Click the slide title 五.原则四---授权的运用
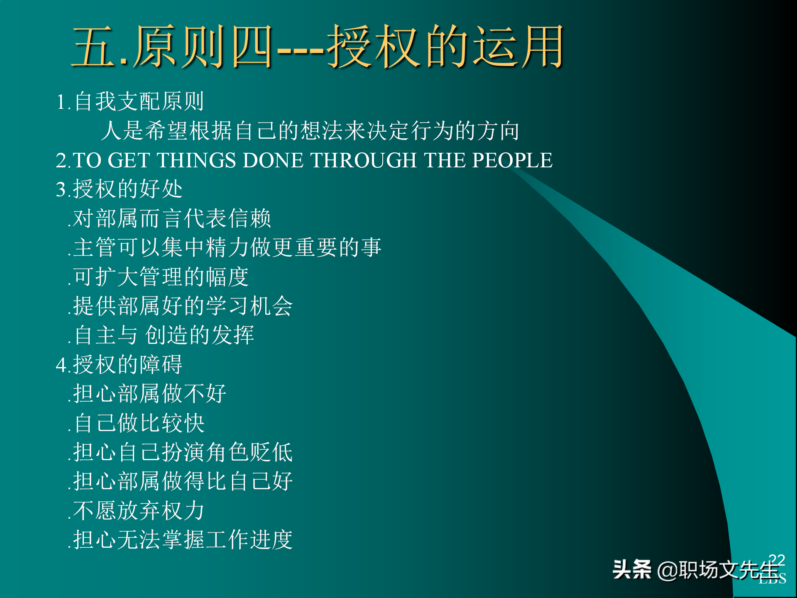318,47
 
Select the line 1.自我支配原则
130,102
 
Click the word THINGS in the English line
196,160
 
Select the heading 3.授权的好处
120,189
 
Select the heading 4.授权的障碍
120,365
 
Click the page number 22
777,560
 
